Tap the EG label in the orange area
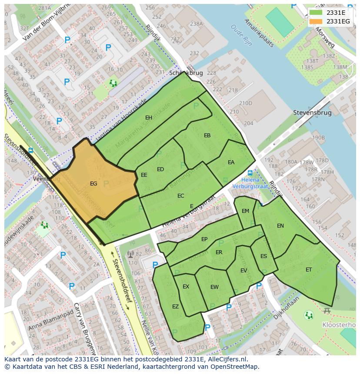pyautogui.click(x=93, y=184)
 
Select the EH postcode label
pyautogui.click(x=149, y=118)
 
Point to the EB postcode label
pyautogui.click(x=207, y=136)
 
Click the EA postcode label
pyautogui.click(x=231, y=162)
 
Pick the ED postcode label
pyautogui.click(x=160, y=169)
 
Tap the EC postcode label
pyautogui.click(x=181, y=196)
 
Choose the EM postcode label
pyautogui.click(x=245, y=211)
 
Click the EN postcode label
pyautogui.click(x=280, y=226)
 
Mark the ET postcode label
pyautogui.click(x=309, y=270)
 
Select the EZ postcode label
pyautogui.click(x=175, y=307)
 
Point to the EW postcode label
pyautogui.click(x=214, y=287)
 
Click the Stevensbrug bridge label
pyautogui.click(x=312, y=113)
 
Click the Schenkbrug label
pyautogui.click(x=186, y=73)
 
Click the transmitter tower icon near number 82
pyautogui.click(x=130, y=254)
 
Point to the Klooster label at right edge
pyautogui.click(x=339, y=325)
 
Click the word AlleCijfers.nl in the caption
pyautogui.click(x=226, y=359)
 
